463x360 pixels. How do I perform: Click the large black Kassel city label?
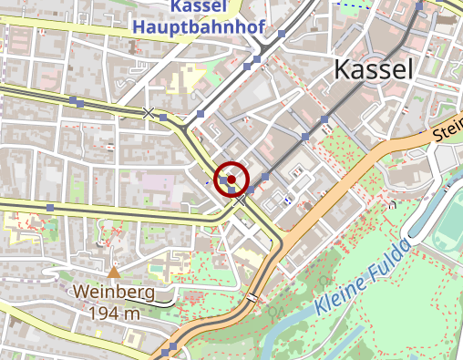point(374,68)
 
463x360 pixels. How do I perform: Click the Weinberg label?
point(114,293)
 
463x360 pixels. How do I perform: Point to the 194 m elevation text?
point(115,313)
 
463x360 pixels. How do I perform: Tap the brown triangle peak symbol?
point(113,272)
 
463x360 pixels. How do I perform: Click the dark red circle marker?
point(232,180)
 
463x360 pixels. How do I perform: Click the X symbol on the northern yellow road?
point(149,112)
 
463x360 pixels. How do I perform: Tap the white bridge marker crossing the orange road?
point(252,298)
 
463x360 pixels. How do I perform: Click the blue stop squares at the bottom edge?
point(168,351)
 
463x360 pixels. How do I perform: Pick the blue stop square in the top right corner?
point(419,6)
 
